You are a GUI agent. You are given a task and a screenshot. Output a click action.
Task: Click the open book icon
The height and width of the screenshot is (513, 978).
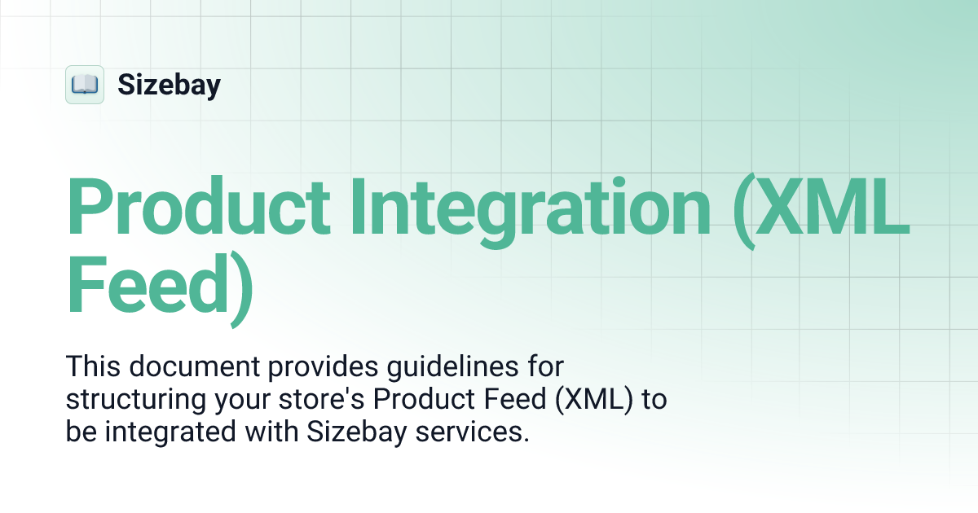(x=85, y=85)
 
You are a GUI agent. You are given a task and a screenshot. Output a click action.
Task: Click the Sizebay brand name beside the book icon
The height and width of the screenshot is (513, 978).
(x=169, y=85)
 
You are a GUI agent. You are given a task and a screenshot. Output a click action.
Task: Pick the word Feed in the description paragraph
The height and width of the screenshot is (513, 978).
(x=512, y=401)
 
